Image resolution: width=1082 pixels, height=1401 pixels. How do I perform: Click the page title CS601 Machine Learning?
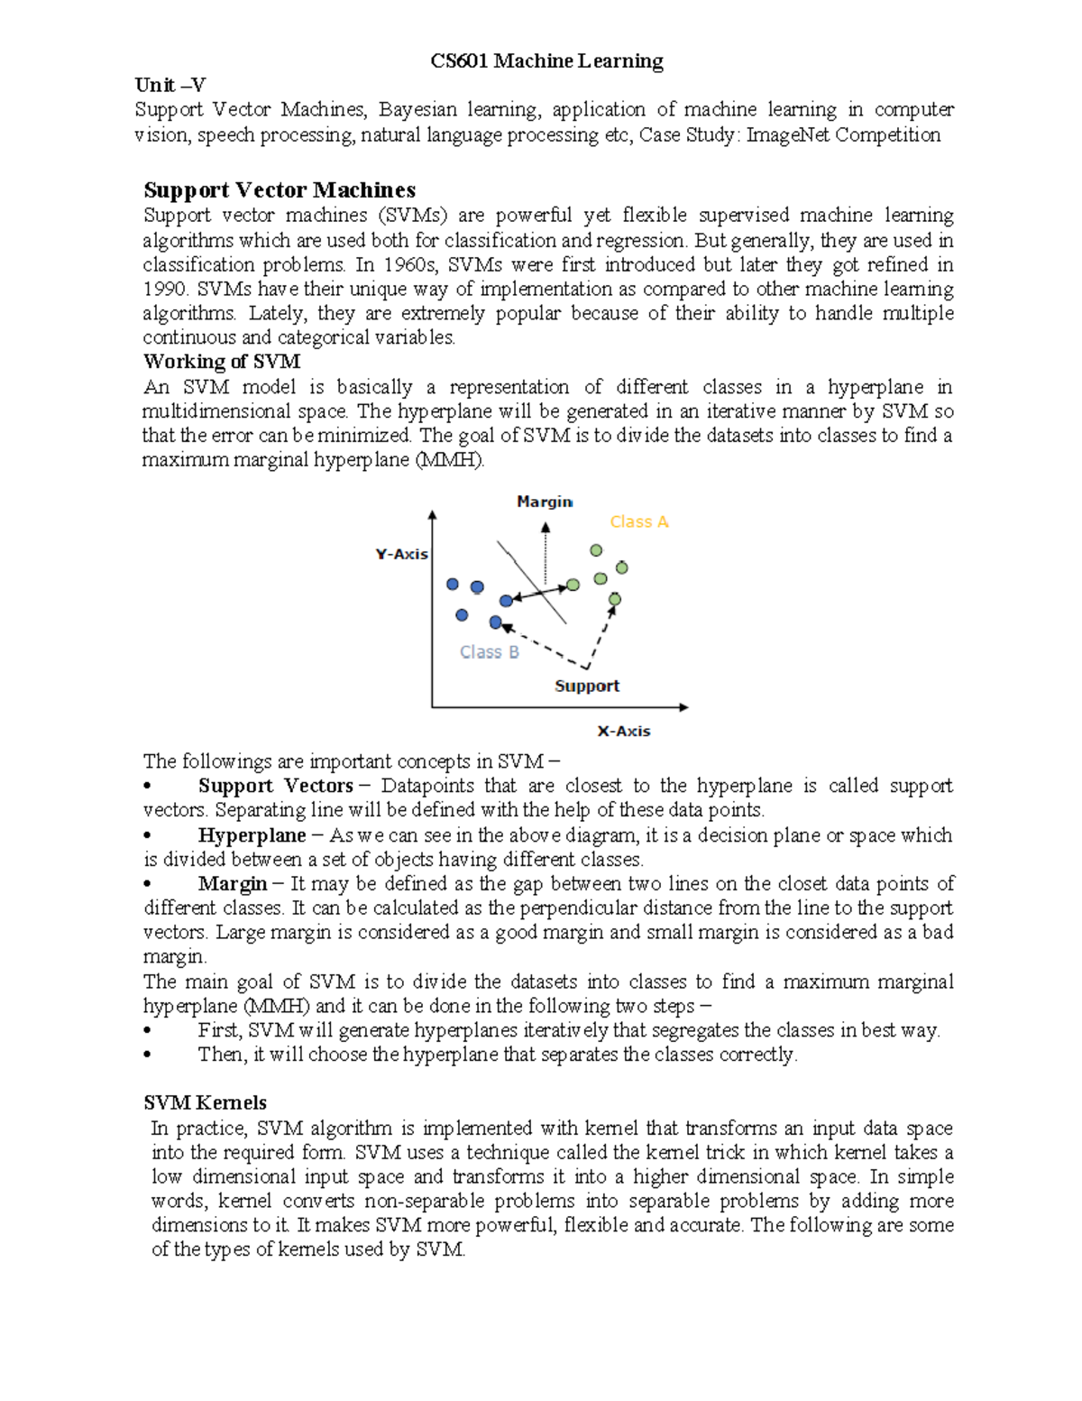click(x=546, y=61)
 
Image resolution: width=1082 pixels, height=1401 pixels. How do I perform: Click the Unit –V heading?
click(x=170, y=86)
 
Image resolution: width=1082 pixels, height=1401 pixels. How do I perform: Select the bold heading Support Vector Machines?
click(x=280, y=190)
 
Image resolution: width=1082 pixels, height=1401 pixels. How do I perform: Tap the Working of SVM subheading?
click(x=222, y=362)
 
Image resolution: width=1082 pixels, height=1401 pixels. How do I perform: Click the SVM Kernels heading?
click(x=206, y=1103)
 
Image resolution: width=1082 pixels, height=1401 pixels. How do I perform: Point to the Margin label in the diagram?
click(x=545, y=502)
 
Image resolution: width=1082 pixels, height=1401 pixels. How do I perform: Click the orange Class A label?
click(x=639, y=522)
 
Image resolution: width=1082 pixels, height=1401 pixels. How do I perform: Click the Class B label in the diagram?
click(x=490, y=652)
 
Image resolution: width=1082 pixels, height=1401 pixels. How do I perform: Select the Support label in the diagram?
click(x=587, y=686)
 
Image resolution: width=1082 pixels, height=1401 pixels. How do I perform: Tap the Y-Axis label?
click(x=402, y=554)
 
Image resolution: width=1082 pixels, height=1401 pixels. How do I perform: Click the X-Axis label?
click(x=624, y=731)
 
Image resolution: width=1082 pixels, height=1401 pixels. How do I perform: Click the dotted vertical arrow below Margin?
click(x=545, y=552)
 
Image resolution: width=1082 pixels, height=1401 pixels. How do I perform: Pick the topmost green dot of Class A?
click(x=596, y=550)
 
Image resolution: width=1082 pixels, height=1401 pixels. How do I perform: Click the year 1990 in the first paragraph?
click(x=164, y=290)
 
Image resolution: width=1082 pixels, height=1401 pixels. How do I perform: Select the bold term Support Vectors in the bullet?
click(x=275, y=786)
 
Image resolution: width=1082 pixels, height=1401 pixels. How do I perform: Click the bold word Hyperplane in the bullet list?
click(x=252, y=835)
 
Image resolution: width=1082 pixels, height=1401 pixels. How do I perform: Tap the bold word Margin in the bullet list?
click(x=233, y=884)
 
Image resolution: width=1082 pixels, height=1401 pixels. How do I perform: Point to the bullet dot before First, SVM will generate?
click(x=148, y=1031)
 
